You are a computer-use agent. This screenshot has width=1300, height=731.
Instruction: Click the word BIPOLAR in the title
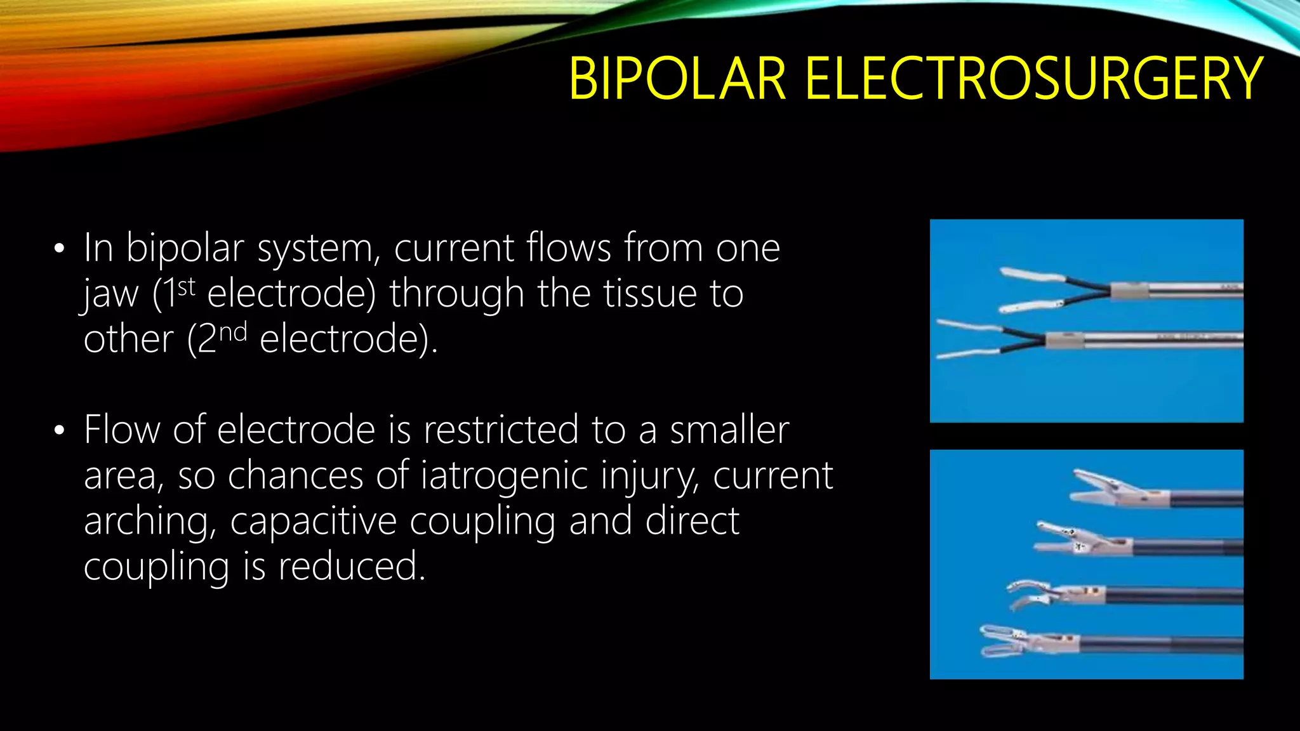pos(677,79)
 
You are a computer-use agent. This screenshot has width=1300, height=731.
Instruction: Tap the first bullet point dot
pos(59,249)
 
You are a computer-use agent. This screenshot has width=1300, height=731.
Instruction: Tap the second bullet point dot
pos(59,431)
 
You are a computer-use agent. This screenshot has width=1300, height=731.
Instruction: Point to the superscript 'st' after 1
pos(186,287)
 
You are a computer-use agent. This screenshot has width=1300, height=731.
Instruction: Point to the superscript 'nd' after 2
pos(232,333)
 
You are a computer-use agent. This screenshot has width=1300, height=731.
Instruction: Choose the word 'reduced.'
pos(351,567)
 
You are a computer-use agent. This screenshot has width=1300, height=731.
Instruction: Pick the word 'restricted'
pos(501,430)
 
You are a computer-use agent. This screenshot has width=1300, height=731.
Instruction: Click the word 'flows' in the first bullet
pos(569,248)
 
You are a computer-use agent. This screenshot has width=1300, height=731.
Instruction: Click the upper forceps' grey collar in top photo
pos(1129,291)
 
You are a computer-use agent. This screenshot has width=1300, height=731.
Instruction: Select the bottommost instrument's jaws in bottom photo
pos(1003,641)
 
